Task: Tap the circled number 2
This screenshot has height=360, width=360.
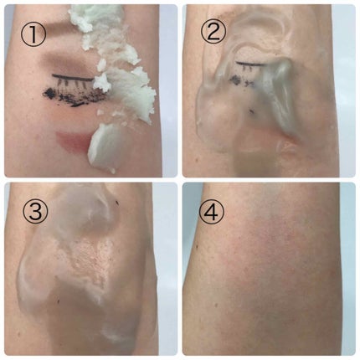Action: coord(213,33)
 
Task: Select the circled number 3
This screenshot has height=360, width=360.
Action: coord(35,210)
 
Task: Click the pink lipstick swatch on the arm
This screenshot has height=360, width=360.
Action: coord(73,142)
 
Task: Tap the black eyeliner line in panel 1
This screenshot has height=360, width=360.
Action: coord(73,77)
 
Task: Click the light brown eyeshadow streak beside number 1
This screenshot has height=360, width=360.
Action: coord(61,27)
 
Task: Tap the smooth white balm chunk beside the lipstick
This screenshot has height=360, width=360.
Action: coord(104,148)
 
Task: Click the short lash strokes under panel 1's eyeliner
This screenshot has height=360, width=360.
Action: coord(75,84)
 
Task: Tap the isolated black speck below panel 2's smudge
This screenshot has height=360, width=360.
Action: coord(253,111)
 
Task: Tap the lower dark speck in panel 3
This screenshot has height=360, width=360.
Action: coord(59,301)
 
